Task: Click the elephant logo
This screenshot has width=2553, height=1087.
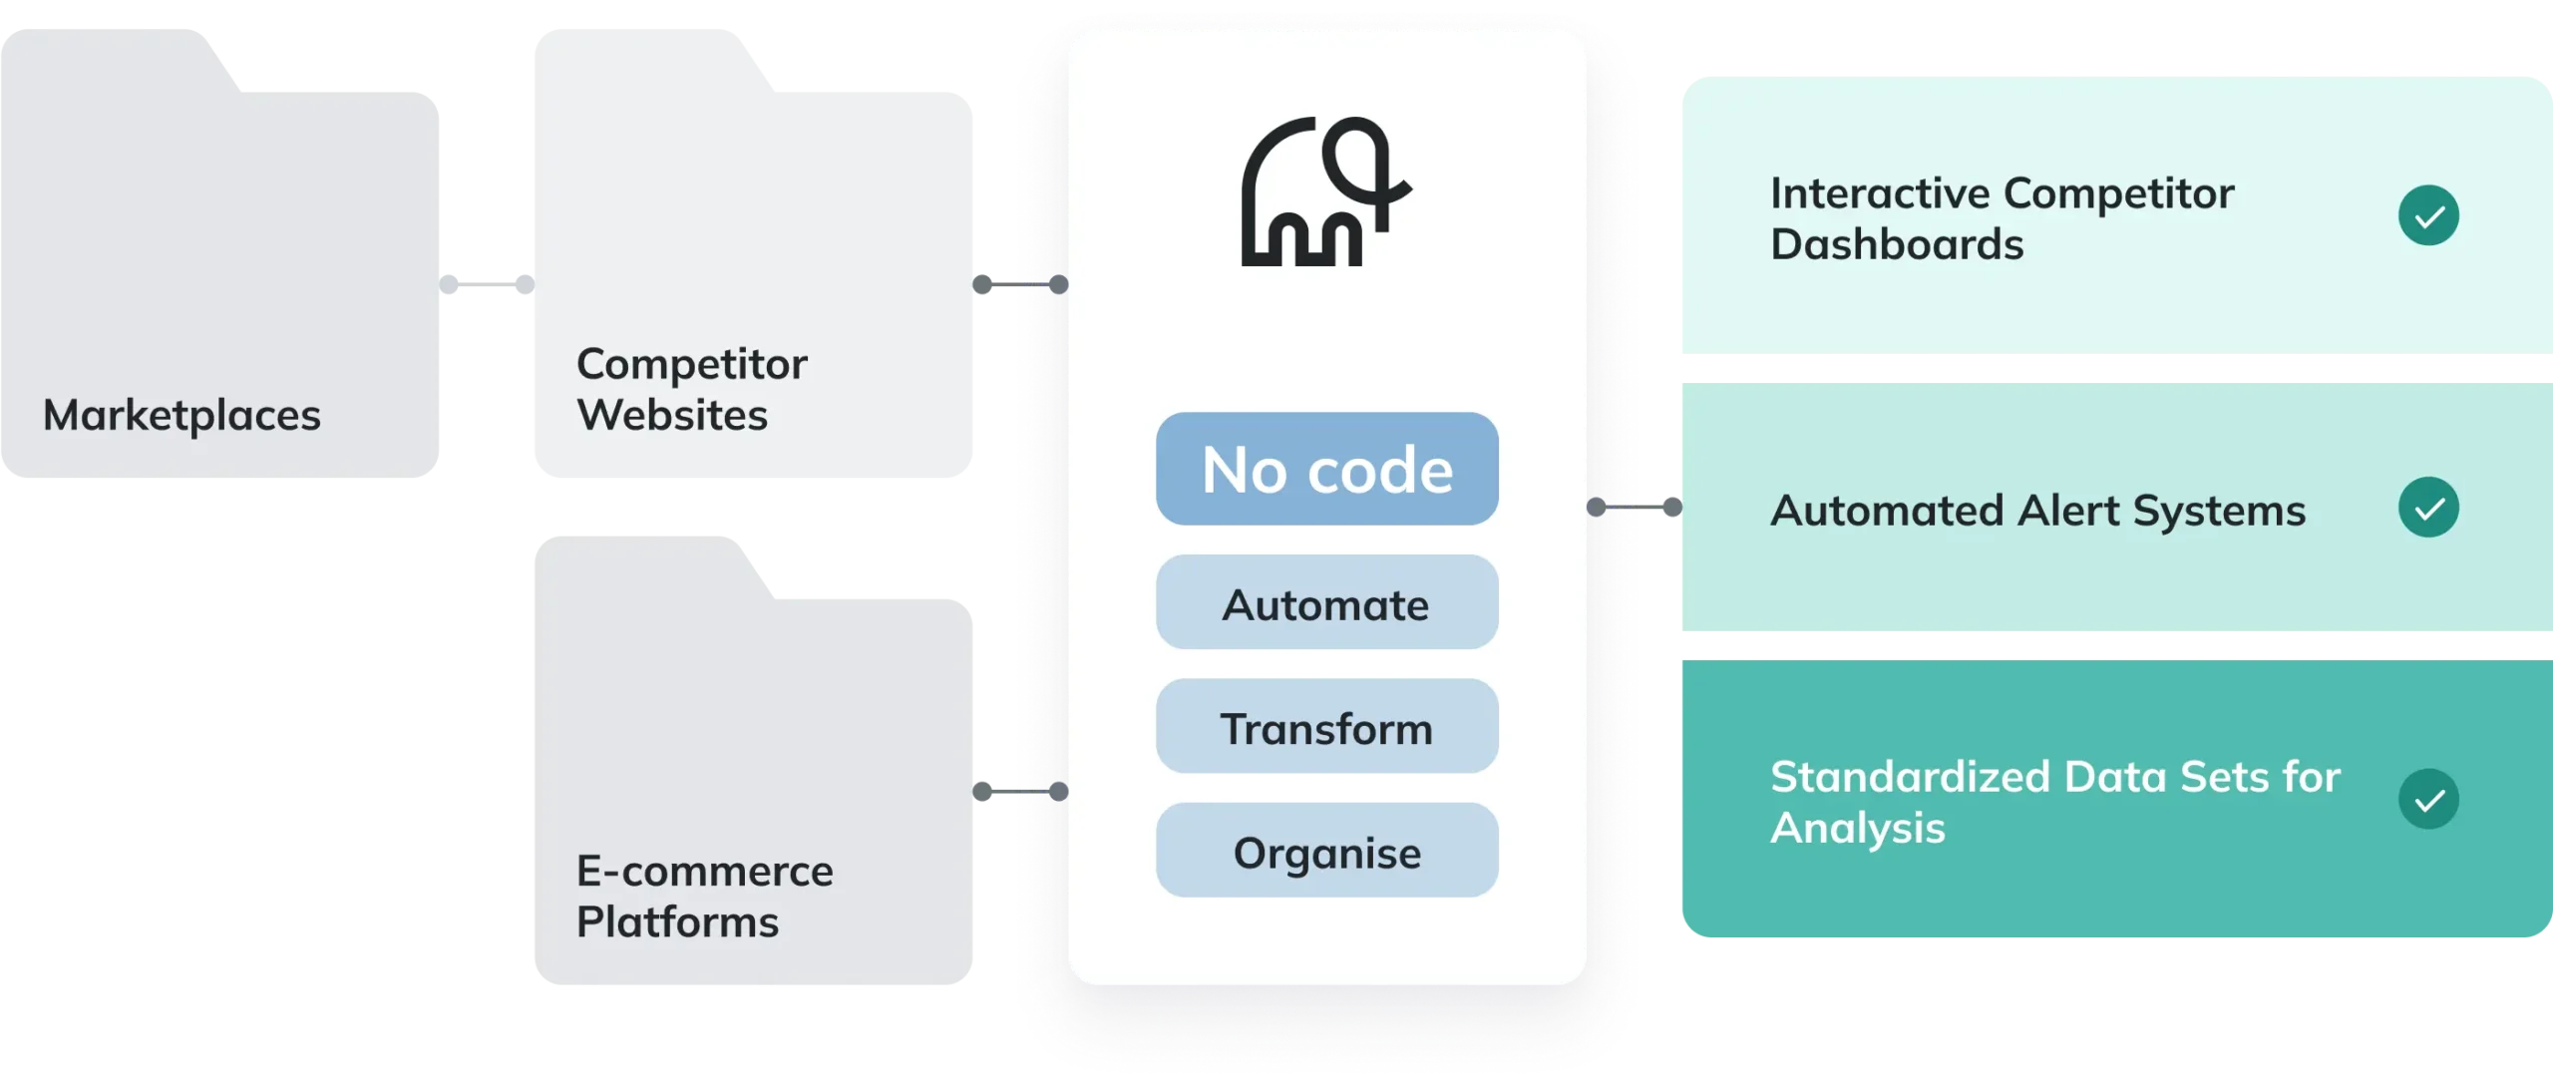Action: pyautogui.click(x=1326, y=191)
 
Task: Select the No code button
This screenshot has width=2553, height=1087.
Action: pyautogui.click(x=1326, y=469)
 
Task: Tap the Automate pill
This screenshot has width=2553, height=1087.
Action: pyautogui.click(x=1326, y=603)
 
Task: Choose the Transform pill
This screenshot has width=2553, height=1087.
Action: pyautogui.click(x=1326, y=727)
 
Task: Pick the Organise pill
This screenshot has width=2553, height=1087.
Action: pyautogui.click(x=1326, y=851)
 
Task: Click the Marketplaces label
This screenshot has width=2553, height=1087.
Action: pyautogui.click(x=182, y=415)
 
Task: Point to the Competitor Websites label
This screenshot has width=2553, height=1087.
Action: pyautogui.click(x=691, y=389)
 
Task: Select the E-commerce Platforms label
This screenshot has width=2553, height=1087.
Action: pyautogui.click(x=704, y=896)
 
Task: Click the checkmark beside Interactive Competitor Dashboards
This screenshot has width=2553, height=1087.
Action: pyautogui.click(x=2428, y=215)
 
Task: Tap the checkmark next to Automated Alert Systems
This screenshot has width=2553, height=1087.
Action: pyautogui.click(x=2428, y=508)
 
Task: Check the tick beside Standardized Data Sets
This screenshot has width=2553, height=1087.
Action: pyautogui.click(x=2428, y=799)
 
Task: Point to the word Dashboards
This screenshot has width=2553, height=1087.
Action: pyautogui.click(x=1897, y=245)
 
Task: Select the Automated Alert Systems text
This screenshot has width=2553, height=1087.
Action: pyautogui.click(x=2037, y=511)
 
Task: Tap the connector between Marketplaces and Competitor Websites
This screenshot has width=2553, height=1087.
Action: pyautogui.click(x=487, y=284)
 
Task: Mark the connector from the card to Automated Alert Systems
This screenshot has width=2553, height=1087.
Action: pyautogui.click(x=1633, y=508)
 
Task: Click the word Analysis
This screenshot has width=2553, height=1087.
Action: pyautogui.click(x=1857, y=828)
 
